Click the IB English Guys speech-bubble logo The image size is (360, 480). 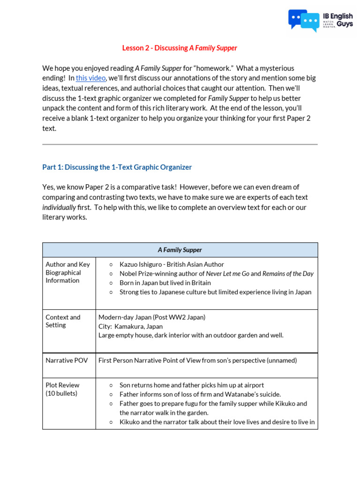coord(303,20)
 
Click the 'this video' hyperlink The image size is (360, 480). coord(90,78)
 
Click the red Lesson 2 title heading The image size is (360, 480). coord(180,48)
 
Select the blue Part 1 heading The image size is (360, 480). coord(117,167)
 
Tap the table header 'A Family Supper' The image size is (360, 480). coord(180,250)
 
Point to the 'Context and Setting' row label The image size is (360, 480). coord(63,321)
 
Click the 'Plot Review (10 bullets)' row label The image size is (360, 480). coord(62,389)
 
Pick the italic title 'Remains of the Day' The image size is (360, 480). coord(288,274)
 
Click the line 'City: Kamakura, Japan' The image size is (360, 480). coord(131,326)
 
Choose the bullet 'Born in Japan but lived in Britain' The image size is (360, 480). coord(165,283)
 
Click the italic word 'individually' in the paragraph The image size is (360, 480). coord(59,207)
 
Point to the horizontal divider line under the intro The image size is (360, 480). coord(180,144)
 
